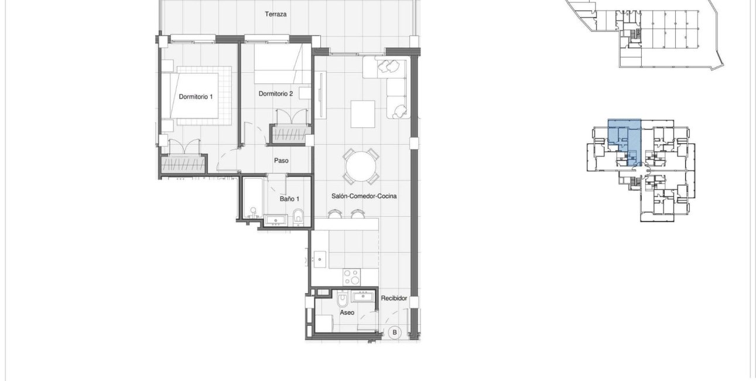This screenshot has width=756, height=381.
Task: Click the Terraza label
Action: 275,14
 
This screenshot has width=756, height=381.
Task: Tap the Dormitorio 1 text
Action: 196,96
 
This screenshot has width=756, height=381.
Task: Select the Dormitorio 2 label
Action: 275,93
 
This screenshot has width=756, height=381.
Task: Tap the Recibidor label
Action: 394,298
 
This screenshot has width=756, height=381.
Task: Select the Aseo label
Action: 347,312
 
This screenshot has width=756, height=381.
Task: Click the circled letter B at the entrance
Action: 395,332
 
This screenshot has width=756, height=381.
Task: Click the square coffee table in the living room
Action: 363,114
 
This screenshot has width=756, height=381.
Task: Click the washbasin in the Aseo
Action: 362,296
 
